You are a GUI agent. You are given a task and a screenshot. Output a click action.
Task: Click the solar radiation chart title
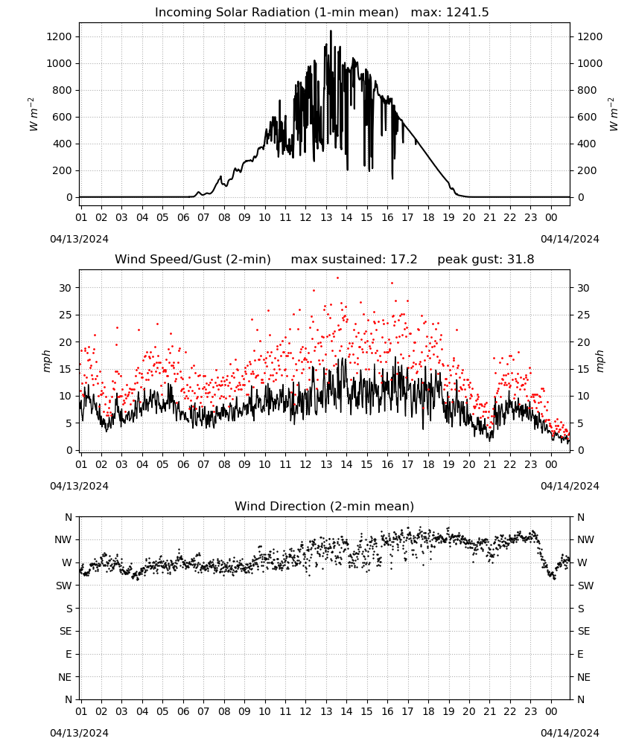pyautogui.click(x=322, y=13)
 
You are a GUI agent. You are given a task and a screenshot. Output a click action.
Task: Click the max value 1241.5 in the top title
pyautogui.click(x=467, y=13)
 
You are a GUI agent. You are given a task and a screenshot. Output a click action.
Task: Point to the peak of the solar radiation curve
pyautogui.click(x=331, y=31)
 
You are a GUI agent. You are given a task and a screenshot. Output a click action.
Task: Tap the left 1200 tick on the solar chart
pyautogui.click(x=59, y=36)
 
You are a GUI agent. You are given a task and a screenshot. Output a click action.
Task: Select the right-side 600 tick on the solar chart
pyautogui.click(x=587, y=117)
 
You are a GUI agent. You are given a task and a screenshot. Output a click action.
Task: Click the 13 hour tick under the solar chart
pyautogui.click(x=326, y=217)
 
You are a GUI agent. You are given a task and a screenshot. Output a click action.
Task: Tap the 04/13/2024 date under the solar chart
pyautogui.click(x=79, y=239)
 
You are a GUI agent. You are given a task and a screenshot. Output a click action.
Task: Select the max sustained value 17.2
pyautogui.click(x=404, y=260)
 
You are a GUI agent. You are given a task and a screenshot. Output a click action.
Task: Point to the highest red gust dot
pyautogui.click(x=337, y=278)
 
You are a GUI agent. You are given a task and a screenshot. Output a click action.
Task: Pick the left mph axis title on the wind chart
pyautogui.click(x=46, y=361)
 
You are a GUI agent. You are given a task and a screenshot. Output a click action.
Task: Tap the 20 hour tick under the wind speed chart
pyautogui.click(x=469, y=464)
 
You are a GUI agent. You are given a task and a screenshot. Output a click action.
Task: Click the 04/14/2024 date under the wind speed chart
pyautogui.click(x=570, y=486)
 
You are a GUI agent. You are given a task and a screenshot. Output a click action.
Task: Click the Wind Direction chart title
pyautogui.click(x=325, y=506)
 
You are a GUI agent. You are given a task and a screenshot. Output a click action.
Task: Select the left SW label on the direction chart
pyautogui.click(x=63, y=586)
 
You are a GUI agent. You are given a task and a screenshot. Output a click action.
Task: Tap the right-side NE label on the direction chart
pyautogui.click(x=584, y=677)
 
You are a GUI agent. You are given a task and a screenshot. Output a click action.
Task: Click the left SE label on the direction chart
pyautogui.click(x=66, y=631)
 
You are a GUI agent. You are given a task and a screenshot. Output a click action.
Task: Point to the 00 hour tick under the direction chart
pyautogui.click(x=551, y=711)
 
